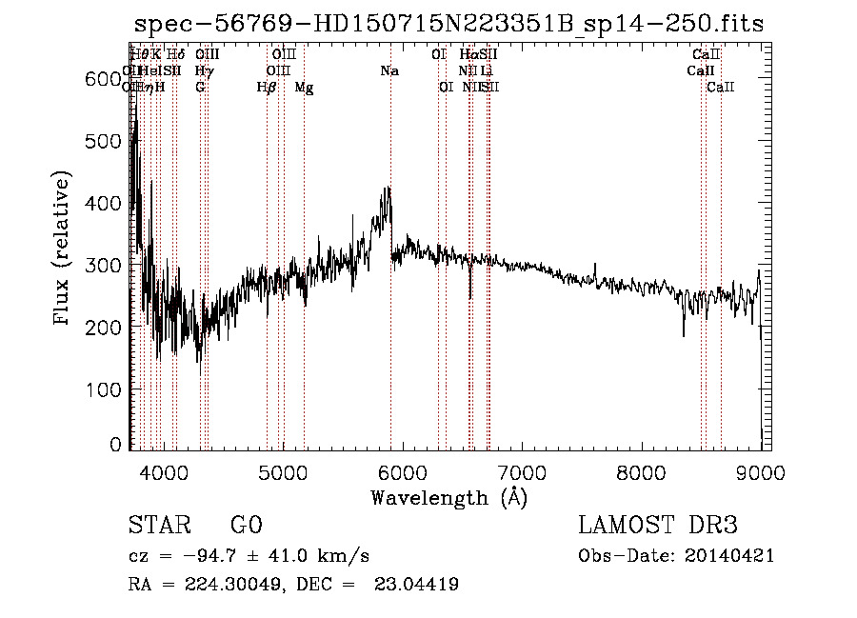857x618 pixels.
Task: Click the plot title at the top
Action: pos(448,24)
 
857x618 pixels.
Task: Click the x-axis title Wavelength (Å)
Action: pos(448,497)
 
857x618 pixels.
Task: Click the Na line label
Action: pos(389,70)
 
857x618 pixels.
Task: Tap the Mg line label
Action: pos(304,87)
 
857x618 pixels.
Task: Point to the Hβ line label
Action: pos(267,87)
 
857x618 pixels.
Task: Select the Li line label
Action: pos(487,70)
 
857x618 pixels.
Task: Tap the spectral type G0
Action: pos(246,526)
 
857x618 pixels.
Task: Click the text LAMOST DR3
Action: pos(658,526)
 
